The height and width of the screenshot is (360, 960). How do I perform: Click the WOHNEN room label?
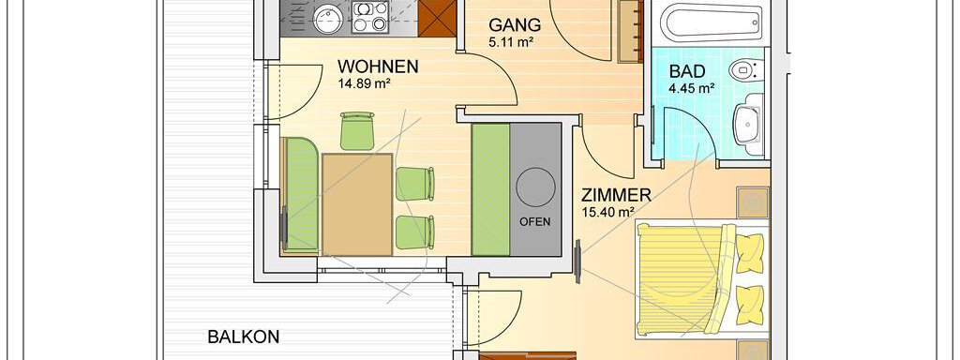(378, 67)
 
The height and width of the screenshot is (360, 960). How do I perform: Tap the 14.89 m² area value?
(365, 83)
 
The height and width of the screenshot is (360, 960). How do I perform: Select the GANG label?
(515, 25)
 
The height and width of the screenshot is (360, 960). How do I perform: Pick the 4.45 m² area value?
(692, 87)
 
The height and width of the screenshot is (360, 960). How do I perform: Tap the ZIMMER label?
(615, 196)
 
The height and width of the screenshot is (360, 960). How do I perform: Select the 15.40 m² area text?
(607, 213)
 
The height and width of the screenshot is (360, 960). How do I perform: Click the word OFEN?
(535, 221)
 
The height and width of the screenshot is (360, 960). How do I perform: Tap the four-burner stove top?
(370, 17)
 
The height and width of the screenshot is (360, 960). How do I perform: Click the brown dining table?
(357, 203)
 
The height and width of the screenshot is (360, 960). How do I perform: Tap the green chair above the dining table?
(357, 130)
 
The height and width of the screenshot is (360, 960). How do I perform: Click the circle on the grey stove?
(535, 187)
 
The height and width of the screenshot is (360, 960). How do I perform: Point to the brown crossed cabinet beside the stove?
(438, 18)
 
